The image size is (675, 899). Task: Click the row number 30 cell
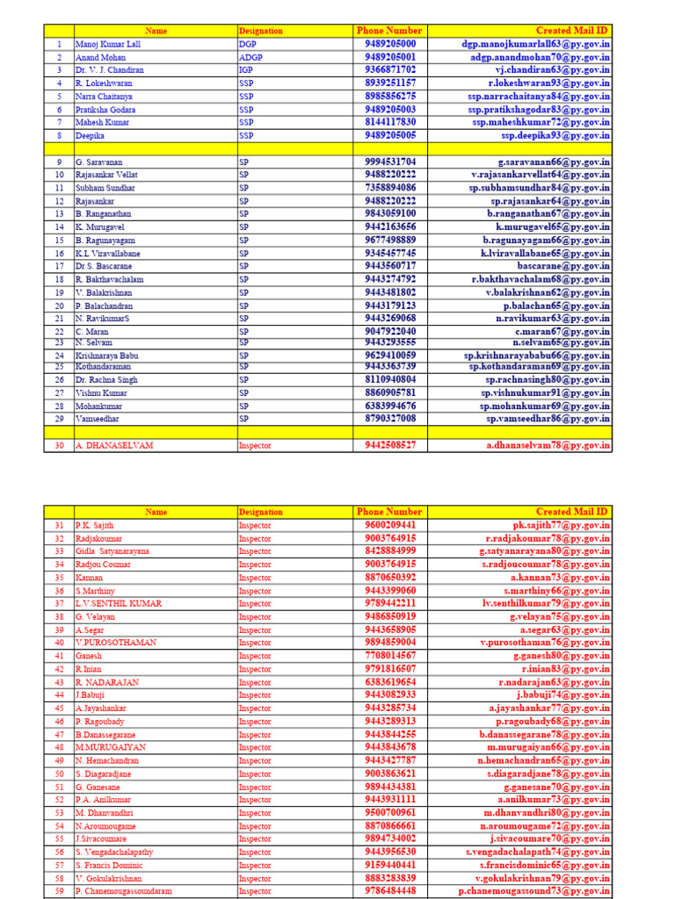coord(60,445)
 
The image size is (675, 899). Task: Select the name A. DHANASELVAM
coord(114,445)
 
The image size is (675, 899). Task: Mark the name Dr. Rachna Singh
coord(106,379)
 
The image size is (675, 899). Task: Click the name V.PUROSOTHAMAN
coord(116,643)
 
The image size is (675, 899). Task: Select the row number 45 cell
coord(60,708)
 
